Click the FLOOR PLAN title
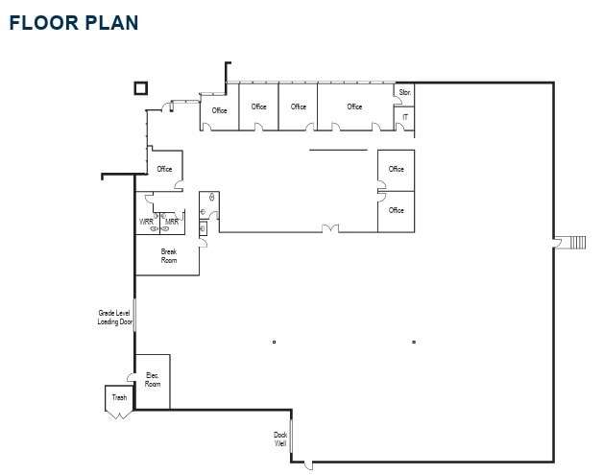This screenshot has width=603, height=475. [74, 22]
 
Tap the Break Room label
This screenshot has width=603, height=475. [169, 256]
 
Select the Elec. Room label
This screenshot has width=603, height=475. [153, 379]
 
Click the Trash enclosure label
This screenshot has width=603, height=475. [119, 397]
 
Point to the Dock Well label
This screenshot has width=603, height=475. [280, 439]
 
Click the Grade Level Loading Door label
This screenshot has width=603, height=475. [114, 318]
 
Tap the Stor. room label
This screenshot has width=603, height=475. [405, 93]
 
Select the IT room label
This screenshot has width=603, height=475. [405, 116]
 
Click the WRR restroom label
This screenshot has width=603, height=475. [147, 222]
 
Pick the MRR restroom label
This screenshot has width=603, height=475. [172, 222]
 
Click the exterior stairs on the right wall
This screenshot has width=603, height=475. [576, 242]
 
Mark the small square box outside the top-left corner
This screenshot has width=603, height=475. [140, 88]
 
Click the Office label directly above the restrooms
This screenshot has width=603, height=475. [165, 169]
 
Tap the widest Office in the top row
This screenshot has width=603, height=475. [355, 107]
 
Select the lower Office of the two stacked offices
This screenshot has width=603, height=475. [397, 210]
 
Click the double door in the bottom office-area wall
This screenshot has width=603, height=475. [329, 228]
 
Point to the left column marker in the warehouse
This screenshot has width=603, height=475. [274, 342]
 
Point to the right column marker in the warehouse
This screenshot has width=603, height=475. [414, 342]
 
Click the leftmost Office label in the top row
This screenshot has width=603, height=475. [220, 110]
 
